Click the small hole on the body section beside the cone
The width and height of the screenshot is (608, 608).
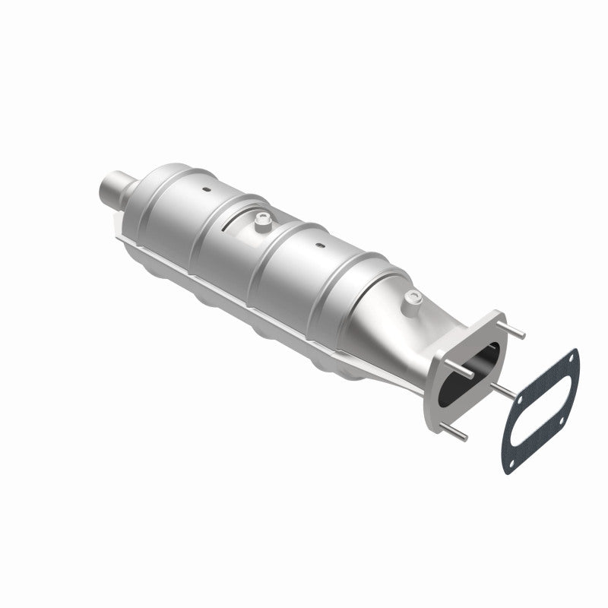319,245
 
